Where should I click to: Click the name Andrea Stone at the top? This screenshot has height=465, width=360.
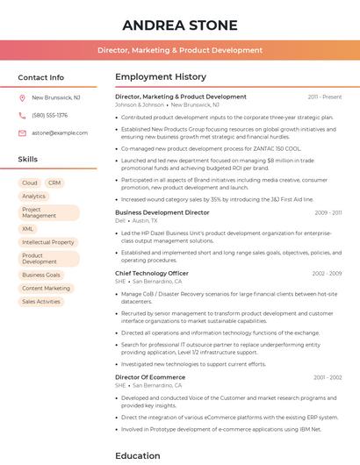(x=179, y=24)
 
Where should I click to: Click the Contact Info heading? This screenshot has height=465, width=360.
(x=40, y=77)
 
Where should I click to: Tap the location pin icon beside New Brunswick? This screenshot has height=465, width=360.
(x=22, y=98)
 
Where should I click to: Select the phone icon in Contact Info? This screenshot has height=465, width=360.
(x=22, y=115)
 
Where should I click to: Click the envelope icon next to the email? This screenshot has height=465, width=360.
(x=22, y=132)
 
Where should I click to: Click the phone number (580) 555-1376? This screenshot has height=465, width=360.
(x=49, y=115)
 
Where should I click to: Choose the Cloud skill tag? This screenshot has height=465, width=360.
(x=30, y=182)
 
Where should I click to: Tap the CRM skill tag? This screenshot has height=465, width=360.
(x=54, y=182)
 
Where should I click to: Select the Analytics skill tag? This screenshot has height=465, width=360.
(x=34, y=197)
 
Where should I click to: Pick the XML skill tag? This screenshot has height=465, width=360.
(x=28, y=229)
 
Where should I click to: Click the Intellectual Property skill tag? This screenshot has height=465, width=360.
(x=48, y=242)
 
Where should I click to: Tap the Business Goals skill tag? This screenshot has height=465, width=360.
(x=41, y=275)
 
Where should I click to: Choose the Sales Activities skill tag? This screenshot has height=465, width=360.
(x=41, y=301)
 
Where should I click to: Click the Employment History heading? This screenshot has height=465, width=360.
(x=161, y=77)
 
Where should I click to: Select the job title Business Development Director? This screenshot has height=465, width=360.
(x=162, y=212)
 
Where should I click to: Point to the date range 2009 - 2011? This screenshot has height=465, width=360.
(x=328, y=212)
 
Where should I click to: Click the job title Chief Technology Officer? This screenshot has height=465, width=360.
(x=152, y=273)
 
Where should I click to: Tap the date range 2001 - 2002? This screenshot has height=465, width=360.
(x=327, y=376)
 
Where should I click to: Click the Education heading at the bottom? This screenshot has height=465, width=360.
(x=138, y=455)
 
